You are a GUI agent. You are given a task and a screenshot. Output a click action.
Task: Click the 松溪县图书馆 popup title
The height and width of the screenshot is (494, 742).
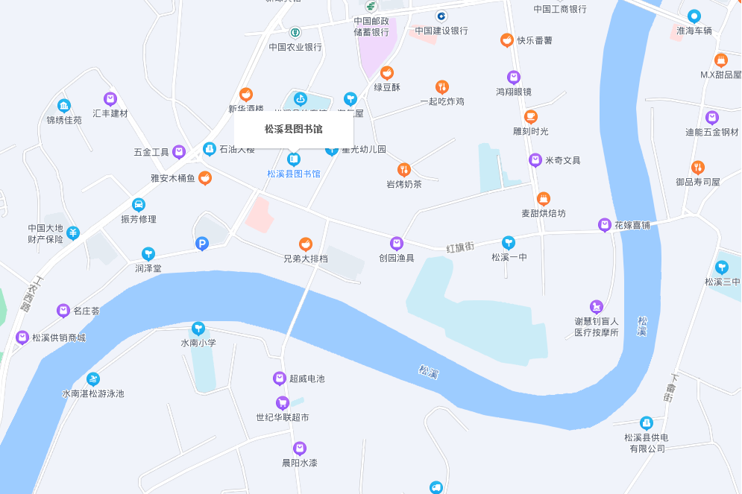[294, 129]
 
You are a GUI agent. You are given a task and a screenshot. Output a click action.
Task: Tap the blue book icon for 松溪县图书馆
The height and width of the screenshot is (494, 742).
[295, 159]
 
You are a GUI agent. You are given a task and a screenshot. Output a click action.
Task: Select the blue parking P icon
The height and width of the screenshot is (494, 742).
[201, 244]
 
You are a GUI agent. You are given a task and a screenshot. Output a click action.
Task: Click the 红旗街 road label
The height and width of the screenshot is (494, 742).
[460, 246]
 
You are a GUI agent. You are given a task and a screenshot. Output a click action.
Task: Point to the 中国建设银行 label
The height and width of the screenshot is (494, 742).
[441, 31]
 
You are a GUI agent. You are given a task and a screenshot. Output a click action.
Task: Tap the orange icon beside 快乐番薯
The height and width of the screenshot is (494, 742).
[507, 40]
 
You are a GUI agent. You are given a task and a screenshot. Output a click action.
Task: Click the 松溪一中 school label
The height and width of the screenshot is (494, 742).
[509, 258]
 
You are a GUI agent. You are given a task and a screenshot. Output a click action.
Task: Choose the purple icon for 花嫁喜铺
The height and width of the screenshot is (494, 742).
[605, 225]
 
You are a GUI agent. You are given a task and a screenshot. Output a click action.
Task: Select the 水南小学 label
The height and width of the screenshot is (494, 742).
[198, 343]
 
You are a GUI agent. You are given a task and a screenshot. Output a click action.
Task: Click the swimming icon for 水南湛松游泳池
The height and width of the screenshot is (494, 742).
[93, 379]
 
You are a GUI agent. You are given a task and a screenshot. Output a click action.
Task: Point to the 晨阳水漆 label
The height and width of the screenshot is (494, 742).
[300, 463]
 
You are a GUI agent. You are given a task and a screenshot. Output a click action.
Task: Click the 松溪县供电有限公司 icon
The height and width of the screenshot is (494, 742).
[647, 422]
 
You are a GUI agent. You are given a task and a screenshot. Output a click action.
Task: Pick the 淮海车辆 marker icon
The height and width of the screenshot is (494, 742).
[694, 16]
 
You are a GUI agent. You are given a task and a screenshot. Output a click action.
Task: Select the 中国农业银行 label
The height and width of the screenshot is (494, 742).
[295, 47]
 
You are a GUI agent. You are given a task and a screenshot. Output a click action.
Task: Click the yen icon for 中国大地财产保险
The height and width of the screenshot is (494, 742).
[73, 233]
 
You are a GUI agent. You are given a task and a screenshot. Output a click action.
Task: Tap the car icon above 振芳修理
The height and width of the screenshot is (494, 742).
[139, 204]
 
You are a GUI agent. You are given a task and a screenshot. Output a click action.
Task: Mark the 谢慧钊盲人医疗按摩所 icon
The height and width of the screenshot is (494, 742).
[596, 305]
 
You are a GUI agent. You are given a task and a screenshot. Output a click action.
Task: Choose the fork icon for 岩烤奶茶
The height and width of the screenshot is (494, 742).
[404, 169]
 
